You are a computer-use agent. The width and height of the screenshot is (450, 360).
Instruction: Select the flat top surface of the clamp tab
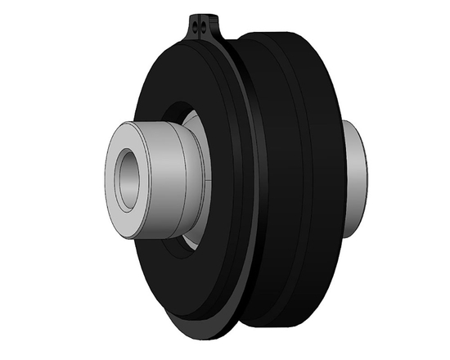pyautogui.click(x=202, y=16)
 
